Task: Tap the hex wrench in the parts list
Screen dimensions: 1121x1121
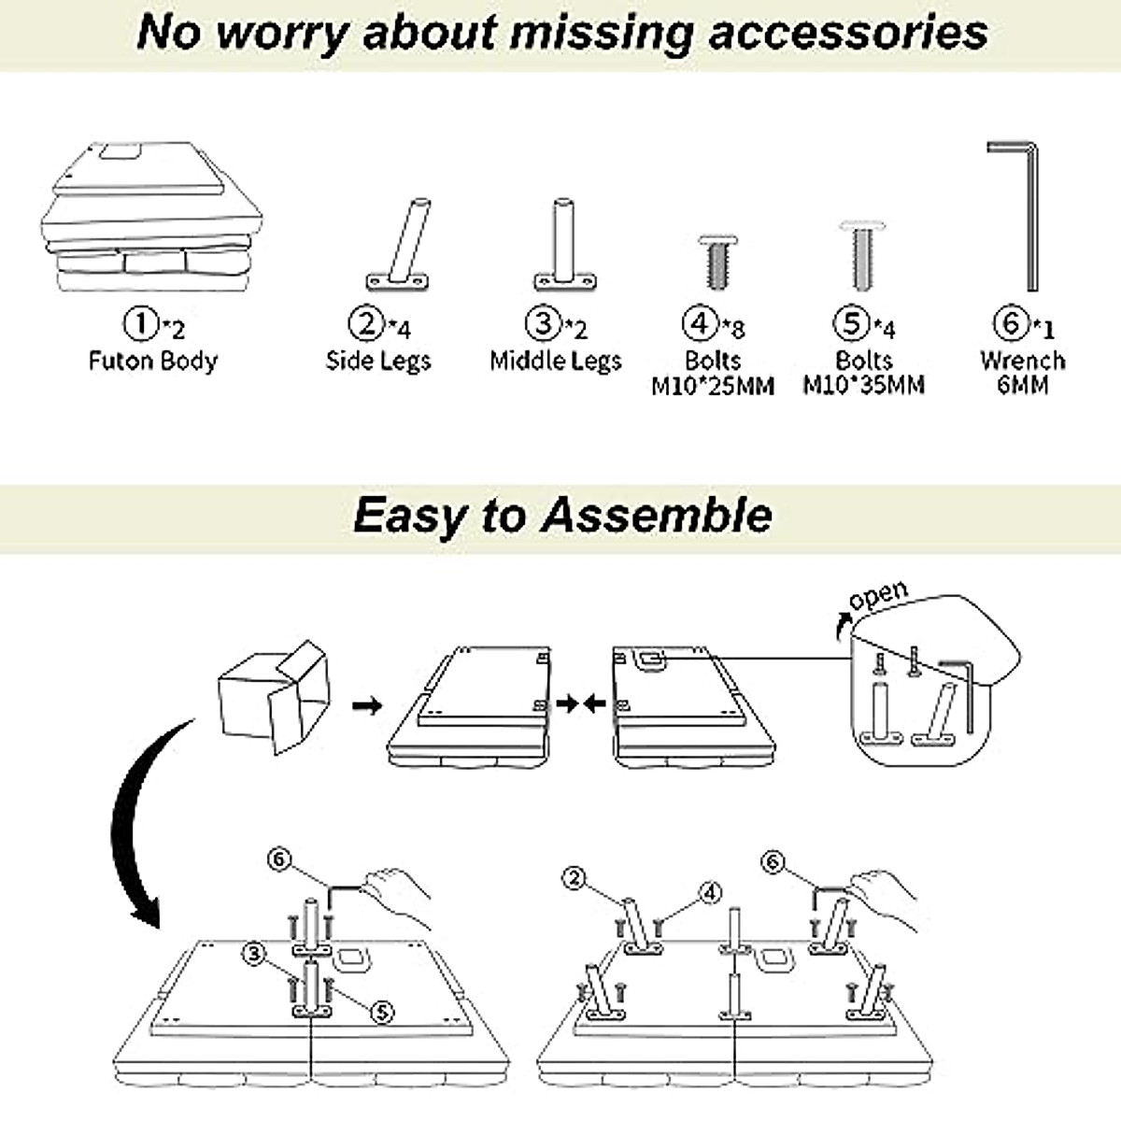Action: [1013, 216]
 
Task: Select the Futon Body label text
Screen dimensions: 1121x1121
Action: [153, 362]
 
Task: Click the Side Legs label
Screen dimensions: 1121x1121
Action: [378, 361]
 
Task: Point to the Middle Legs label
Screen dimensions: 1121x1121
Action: [556, 361]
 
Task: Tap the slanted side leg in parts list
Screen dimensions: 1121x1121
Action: [399, 245]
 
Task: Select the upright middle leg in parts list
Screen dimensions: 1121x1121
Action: [565, 245]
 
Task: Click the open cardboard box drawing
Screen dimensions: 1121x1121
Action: [274, 698]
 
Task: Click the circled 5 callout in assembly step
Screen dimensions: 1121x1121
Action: [382, 1013]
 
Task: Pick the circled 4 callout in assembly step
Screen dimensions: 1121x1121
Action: [709, 892]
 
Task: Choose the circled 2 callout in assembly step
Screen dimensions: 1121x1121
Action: [575, 878]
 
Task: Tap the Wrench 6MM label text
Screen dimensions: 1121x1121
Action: [1023, 373]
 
